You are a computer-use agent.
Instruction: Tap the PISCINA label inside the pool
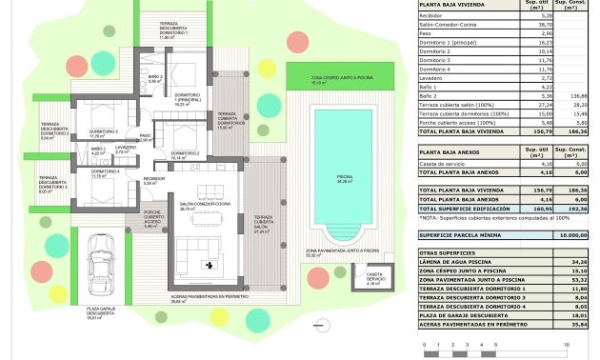[x=344, y=177]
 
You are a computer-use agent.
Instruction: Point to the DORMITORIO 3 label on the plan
[x=104, y=131]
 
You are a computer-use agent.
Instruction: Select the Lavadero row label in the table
[x=432, y=76]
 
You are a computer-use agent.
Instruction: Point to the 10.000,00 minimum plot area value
[x=572, y=233]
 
